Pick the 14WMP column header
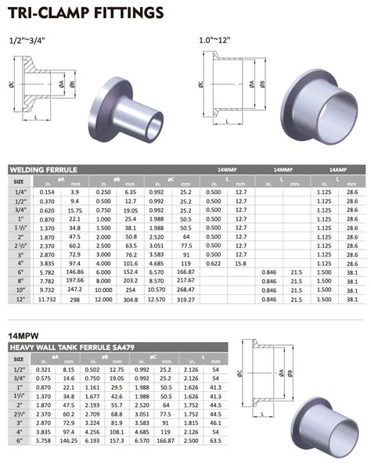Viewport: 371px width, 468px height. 227,169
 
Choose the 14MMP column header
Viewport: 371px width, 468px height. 286,169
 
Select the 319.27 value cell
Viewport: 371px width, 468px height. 186,298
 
